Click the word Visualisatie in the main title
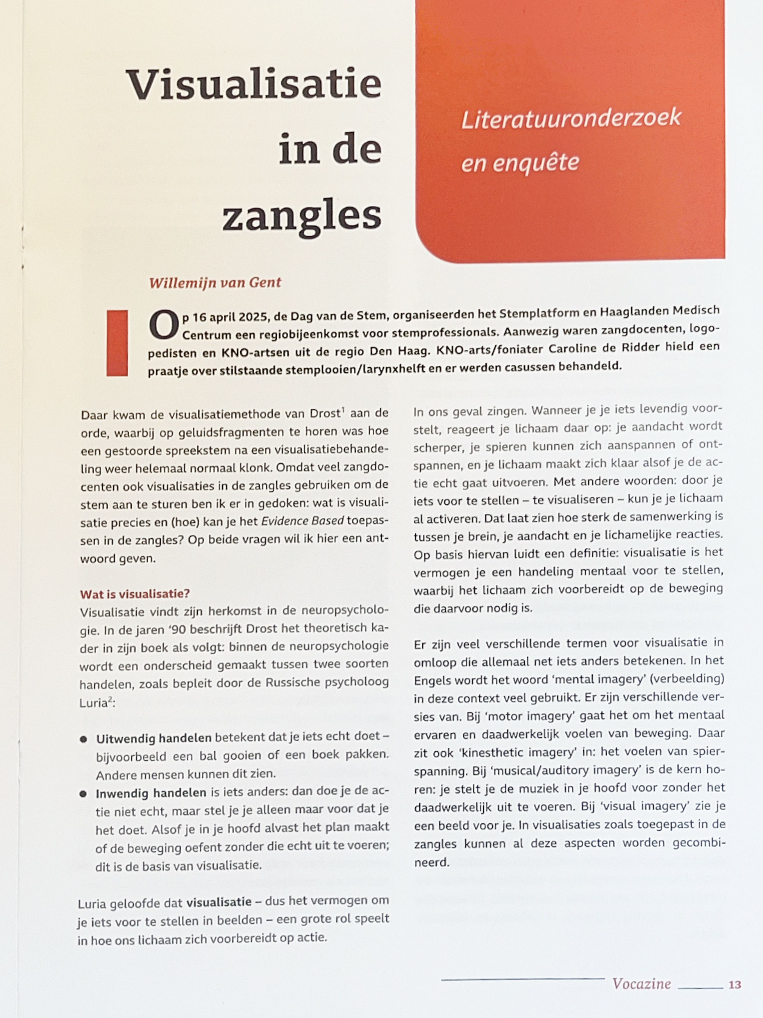pos(254,85)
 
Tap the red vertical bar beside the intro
pos(117,343)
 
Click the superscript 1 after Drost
pos(343,409)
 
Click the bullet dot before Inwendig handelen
pos(83,794)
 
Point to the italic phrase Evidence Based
pos(302,521)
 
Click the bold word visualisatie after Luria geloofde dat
pos(219,901)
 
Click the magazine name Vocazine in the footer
pos(641,983)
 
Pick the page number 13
pos(735,984)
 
